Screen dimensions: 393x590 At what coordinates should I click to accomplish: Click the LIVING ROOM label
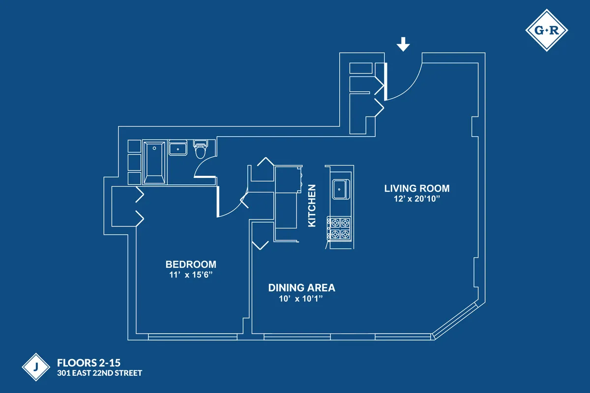tap(416, 188)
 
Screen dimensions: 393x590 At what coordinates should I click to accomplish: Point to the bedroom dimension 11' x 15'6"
tap(191, 275)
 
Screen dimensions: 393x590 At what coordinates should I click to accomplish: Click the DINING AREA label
tap(301, 288)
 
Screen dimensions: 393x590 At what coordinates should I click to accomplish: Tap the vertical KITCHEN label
tap(311, 205)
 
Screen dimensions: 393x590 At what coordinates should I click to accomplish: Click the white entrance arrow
tap(403, 45)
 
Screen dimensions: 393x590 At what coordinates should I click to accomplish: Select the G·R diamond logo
tap(546, 31)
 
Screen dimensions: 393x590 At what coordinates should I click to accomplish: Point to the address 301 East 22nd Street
tap(99, 373)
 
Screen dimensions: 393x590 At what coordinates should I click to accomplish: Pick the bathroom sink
tap(177, 148)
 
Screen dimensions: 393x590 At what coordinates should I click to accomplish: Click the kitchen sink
tap(339, 190)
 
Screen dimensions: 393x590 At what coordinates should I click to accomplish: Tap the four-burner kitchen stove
tap(339, 228)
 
